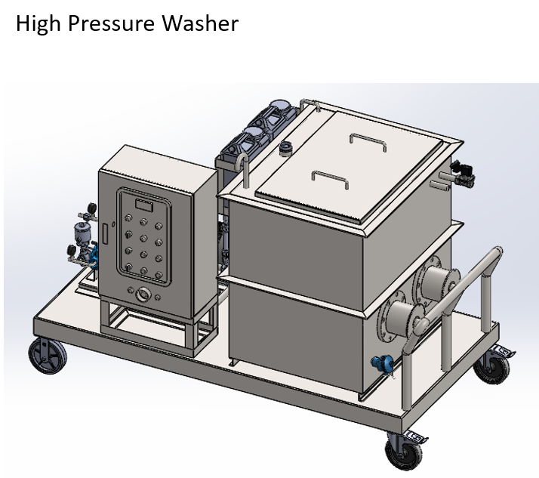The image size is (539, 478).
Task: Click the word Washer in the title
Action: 200,23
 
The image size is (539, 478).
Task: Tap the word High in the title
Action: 38,24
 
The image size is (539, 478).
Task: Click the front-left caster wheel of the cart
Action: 48,356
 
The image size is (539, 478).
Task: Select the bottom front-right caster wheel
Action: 405,451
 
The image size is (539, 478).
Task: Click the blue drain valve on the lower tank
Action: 383,363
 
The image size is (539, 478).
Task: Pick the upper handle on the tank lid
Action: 368,141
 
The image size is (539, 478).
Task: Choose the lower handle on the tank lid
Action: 330,179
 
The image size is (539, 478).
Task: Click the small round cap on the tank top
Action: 285,149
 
